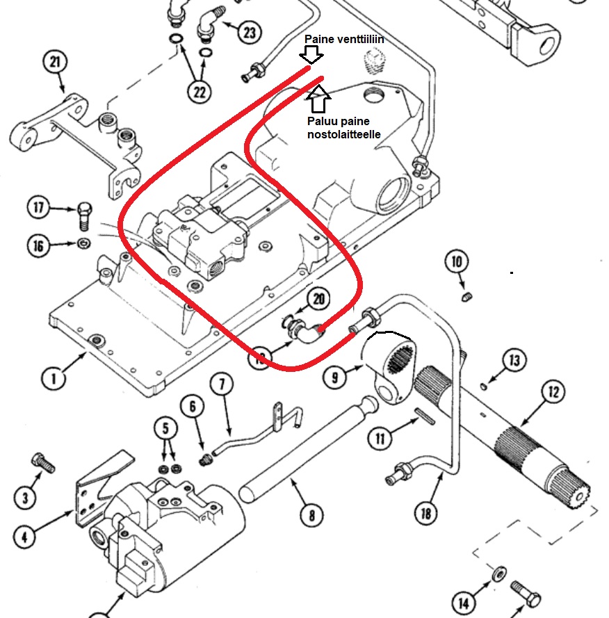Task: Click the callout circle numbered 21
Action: coord(55,62)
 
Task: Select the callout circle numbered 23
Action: coord(250,32)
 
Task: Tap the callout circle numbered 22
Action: coord(200,92)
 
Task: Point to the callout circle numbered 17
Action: coord(38,207)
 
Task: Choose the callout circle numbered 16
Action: coord(38,245)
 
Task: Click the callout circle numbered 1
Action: coord(54,378)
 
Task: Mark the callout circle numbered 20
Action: coord(318,299)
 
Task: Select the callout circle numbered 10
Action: coord(457,261)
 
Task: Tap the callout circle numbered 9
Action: coord(334,377)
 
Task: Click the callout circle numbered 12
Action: coord(553,392)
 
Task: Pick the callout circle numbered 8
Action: coord(311,514)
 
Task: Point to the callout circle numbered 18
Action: coord(426,513)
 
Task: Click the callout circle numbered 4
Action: coord(24,537)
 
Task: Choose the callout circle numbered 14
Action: coord(464,603)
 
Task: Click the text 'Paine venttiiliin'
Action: coord(344,39)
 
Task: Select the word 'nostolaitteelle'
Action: coord(344,134)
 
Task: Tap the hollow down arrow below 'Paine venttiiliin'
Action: coord(311,55)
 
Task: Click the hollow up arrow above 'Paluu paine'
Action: coord(318,99)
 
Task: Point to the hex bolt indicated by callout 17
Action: coord(84,216)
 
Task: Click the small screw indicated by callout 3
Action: coord(43,463)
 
